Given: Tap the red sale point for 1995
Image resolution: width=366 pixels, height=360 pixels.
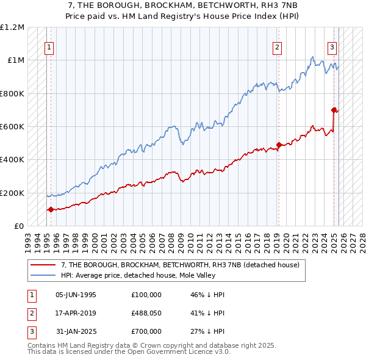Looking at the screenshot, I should [50, 209].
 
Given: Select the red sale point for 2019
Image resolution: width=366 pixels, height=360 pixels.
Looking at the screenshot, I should [278, 145].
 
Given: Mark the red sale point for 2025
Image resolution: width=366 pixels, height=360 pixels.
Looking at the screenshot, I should [334, 110].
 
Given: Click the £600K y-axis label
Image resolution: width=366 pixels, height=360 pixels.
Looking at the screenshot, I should [12, 127].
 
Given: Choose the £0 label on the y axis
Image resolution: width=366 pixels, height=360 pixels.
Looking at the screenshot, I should [18, 226].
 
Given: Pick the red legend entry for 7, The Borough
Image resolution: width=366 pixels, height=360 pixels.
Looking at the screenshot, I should [180, 265].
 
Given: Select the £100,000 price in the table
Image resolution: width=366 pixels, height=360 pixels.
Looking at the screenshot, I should [146, 295].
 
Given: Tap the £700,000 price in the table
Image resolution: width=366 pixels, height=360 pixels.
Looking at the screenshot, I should [146, 331].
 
